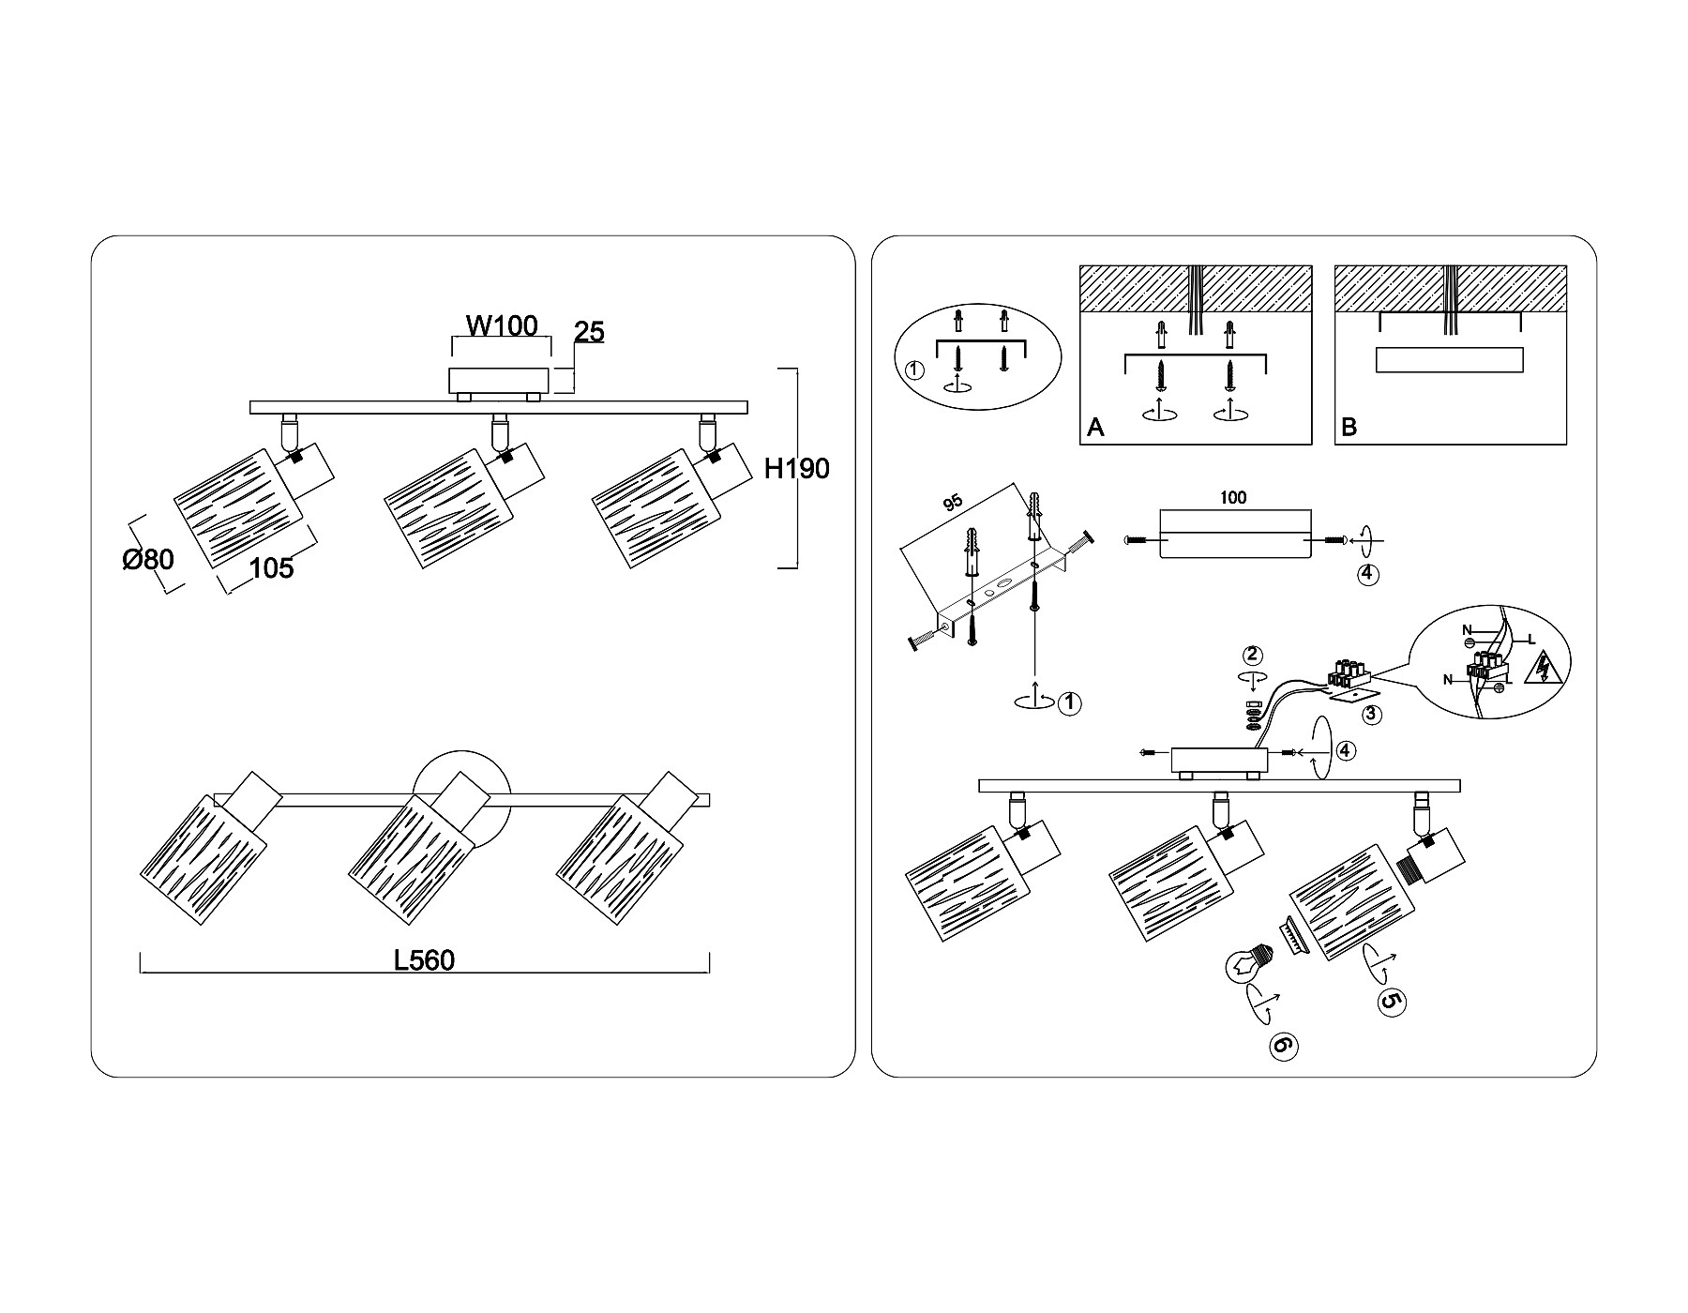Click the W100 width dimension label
(x=503, y=325)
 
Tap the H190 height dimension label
(x=796, y=468)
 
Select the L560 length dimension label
(x=424, y=960)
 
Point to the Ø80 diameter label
(x=148, y=560)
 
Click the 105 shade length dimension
(x=272, y=567)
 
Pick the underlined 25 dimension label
(x=589, y=332)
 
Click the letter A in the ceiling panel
(x=1095, y=428)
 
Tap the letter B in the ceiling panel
(x=1349, y=428)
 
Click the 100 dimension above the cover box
(x=1234, y=497)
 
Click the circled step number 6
(x=1284, y=1046)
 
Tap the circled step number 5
(x=1392, y=1002)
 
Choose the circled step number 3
(x=1371, y=714)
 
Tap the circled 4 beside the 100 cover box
(x=1367, y=574)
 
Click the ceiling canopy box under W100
(x=498, y=380)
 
